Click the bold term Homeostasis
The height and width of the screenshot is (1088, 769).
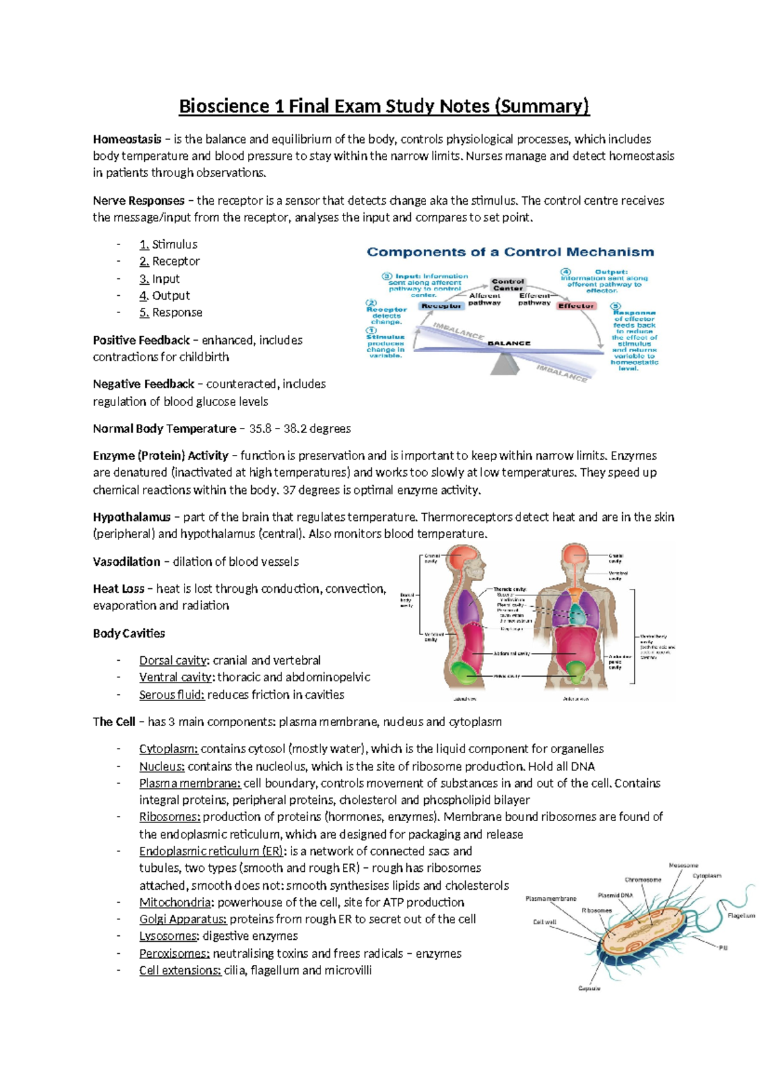pyautogui.click(x=127, y=139)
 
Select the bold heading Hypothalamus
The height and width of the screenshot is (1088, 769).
pyautogui.click(x=131, y=517)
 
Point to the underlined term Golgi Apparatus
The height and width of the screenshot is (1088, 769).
pyautogui.click(x=183, y=919)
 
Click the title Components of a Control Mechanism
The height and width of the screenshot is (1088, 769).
pyautogui.click(x=510, y=252)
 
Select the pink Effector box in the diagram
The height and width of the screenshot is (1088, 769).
pyautogui.click(x=575, y=306)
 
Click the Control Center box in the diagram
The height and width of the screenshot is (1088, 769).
pyautogui.click(x=508, y=285)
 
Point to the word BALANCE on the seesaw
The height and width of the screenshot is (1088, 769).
pyautogui.click(x=509, y=343)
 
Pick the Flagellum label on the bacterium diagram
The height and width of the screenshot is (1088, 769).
pyautogui.click(x=741, y=915)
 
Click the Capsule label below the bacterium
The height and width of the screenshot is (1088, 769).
pyautogui.click(x=589, y=989)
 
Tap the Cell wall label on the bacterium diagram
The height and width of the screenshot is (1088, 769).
pyautogui.click(x=545, y=922)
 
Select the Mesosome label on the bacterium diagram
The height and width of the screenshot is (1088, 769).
pyautogui.click(x=683, y=865)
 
